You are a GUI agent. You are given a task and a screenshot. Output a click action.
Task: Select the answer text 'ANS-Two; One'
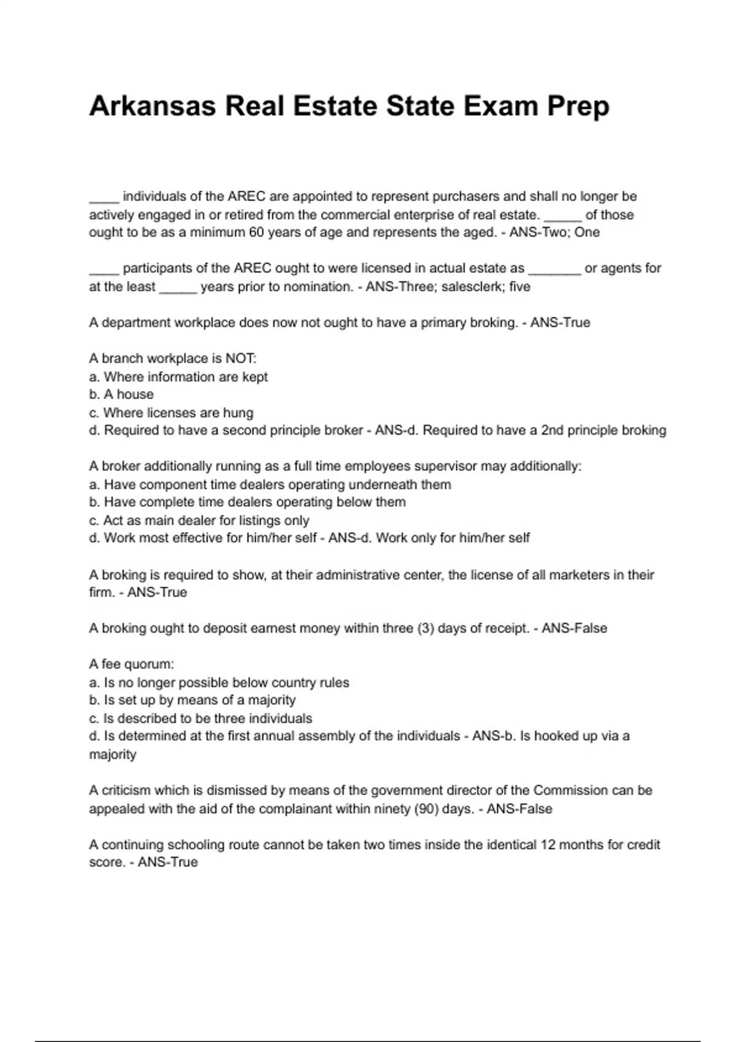(x=554, y=232)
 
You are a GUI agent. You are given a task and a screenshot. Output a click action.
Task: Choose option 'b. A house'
(x=121, y=394)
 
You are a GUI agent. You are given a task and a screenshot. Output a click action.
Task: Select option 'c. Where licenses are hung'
(x=171, y=413)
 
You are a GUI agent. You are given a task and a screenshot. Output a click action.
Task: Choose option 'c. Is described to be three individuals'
(x=201, y=718)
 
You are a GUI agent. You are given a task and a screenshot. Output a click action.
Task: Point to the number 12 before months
(x=547, y=845)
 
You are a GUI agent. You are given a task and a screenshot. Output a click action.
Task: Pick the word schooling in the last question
(x=196, y=845)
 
